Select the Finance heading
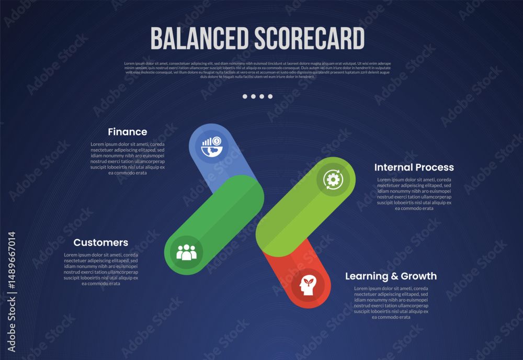[128, 132]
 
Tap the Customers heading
[101, 243]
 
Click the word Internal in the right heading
[393, 167]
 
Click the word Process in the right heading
[434, 167]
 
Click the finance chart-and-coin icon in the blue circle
[212, 145]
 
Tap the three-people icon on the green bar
[187, 253]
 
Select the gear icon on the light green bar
[333, 179]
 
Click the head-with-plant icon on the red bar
[308, 285]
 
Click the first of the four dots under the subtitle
[245, 96]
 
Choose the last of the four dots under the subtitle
[270, 96]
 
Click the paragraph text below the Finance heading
[128, 159]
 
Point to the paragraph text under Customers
[101, 269]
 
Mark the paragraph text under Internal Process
[414, 194]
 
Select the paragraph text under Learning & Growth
[391, 302]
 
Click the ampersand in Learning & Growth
[391, 276]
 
